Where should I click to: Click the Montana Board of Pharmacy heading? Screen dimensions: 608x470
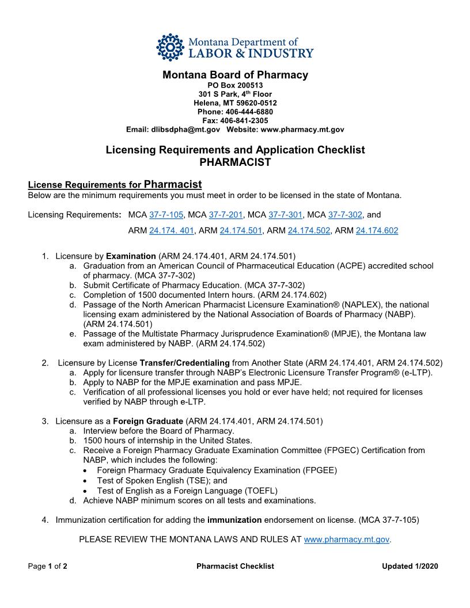click(235, 75)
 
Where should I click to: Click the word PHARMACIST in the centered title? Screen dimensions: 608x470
click(235, 162)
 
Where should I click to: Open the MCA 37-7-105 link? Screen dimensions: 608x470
click(166, 215)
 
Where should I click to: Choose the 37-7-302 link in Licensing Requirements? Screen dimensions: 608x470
click(345, 215)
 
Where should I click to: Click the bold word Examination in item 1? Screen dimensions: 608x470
click(131, 256)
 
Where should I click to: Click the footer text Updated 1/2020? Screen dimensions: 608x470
click(410, 567)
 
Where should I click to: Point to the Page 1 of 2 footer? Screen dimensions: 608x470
click(48, 567)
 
